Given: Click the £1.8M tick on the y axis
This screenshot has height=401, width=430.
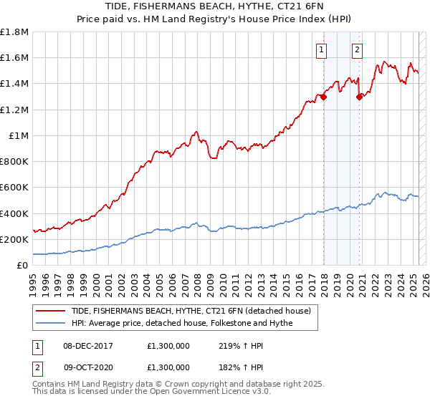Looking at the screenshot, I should coord(14,32).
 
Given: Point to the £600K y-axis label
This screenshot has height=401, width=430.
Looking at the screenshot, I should coord(14,188).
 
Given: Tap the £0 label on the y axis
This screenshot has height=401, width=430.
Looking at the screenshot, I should coord(22,266).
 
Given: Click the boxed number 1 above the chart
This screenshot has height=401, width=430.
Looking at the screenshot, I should coord(320,49).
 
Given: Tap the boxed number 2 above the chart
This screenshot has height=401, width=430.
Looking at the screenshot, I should coord(356,49).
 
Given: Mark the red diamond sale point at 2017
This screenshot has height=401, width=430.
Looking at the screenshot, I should coord(324,97).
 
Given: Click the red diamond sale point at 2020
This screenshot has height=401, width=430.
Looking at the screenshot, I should coord(359,97).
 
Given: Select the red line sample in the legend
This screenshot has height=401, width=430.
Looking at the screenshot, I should coord(50,311).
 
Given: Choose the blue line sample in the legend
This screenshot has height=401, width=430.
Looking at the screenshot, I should coord(50,323).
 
